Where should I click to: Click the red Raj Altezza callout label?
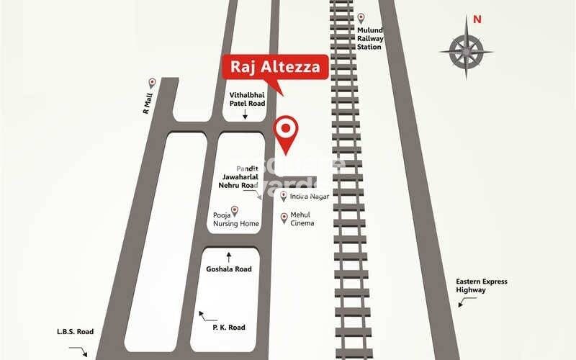[278, 68]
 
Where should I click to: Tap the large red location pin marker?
[287, 130]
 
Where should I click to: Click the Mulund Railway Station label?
[370, 39]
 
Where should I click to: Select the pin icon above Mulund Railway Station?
[362, 17]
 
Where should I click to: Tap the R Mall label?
[147, 105]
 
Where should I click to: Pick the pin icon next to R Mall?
[152, 83]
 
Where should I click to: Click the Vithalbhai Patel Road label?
[248, 99]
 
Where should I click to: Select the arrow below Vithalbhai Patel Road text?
[245, 114]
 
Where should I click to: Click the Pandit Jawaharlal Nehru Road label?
[238, 176]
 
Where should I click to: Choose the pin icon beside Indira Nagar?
[284, 196]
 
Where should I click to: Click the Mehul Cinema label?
[302, 219]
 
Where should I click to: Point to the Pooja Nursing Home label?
[236, 220]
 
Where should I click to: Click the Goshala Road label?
[230, 269]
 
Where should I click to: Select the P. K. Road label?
[228, 328]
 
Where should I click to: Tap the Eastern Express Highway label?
[481, 285]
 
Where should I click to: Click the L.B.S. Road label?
[76, 332]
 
